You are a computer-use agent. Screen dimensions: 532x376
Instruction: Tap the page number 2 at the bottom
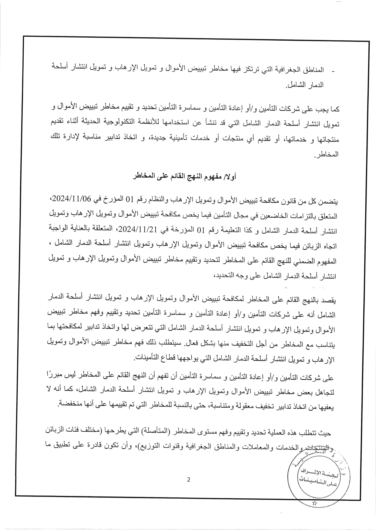coord(189,480)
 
